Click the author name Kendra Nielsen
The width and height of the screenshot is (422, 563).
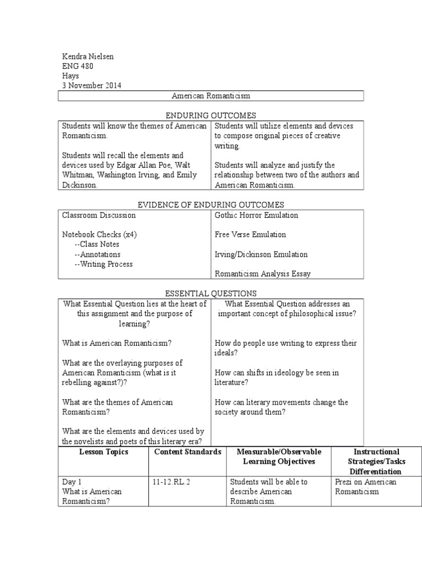click(87, 57)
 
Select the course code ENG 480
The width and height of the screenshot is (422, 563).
click(77, 67)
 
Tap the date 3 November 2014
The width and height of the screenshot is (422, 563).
click(92, 86)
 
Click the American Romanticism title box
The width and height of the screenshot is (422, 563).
click(211, 96)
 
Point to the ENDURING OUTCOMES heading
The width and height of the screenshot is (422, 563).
click(211, 115)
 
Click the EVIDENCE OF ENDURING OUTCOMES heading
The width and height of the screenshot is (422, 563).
click(211, 205)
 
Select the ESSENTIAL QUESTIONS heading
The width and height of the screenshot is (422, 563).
click(211, 294)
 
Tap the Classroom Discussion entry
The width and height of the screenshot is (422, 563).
click(99, 215)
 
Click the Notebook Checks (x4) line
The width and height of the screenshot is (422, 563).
click(99, 235)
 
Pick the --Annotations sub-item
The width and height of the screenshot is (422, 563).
click(97, 255)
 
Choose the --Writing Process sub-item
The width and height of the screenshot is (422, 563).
click(103, 264)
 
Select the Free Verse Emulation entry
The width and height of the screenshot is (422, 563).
click(250, 235)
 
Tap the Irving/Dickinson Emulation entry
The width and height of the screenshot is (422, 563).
click(261, 255)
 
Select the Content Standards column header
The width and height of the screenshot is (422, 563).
click(187, 452)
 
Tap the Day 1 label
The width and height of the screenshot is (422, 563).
click(72, 482)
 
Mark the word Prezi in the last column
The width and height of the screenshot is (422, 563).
click(344, 482)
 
